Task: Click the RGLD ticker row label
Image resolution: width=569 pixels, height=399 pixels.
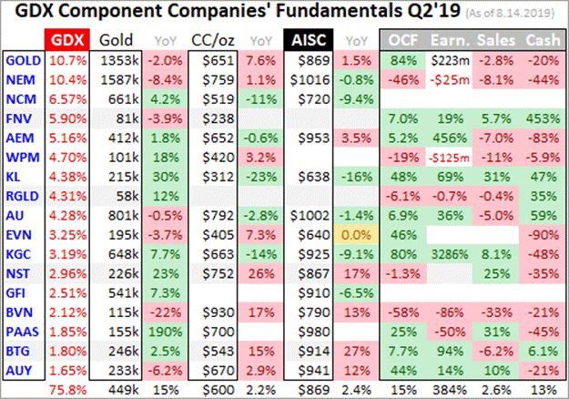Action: point(22,195)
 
